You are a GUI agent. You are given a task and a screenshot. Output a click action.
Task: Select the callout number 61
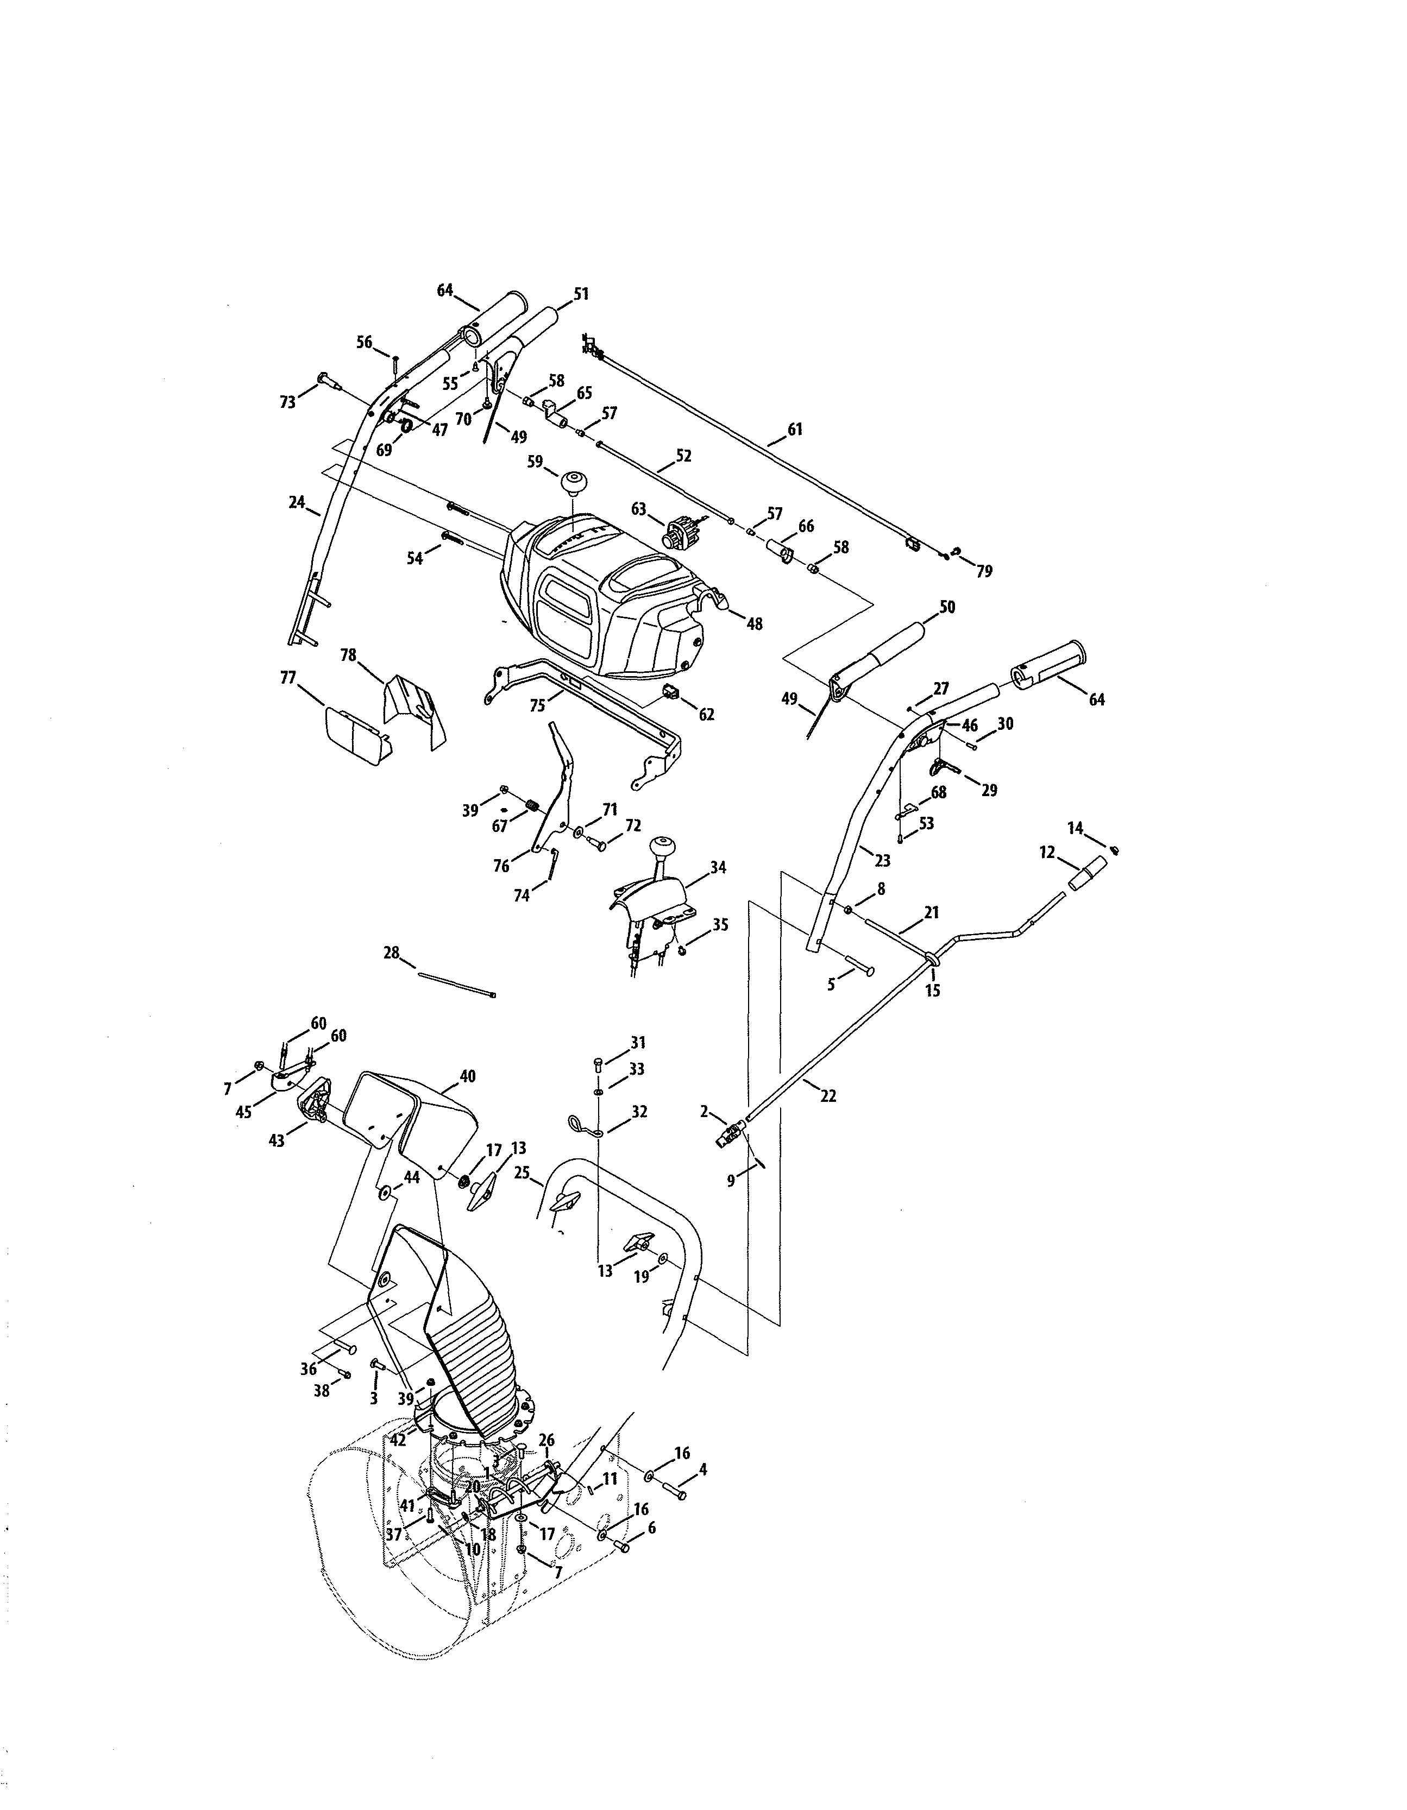pos(795,430)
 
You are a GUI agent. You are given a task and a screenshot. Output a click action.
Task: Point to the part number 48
pos(755,624)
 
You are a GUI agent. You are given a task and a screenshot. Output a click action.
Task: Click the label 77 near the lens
pos(288,678)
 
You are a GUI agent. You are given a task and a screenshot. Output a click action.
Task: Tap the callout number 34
pos(718,868)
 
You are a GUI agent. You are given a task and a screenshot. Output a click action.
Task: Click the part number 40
pos(468,1076)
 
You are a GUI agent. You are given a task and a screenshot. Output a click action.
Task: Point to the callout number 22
pos(828,1096)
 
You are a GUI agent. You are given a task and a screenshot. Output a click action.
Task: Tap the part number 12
pos(1047,852)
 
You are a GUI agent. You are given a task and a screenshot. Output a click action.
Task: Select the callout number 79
pos(984,571)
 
